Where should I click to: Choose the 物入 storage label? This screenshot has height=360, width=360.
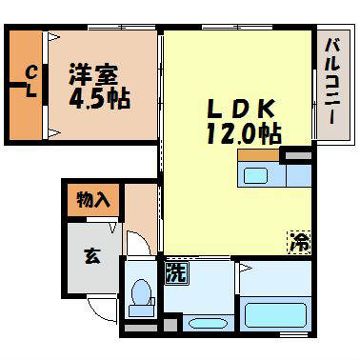pos(94,201)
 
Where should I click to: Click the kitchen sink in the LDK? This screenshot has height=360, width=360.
pos(256,174)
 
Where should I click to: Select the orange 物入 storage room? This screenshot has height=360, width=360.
pos(94,201)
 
